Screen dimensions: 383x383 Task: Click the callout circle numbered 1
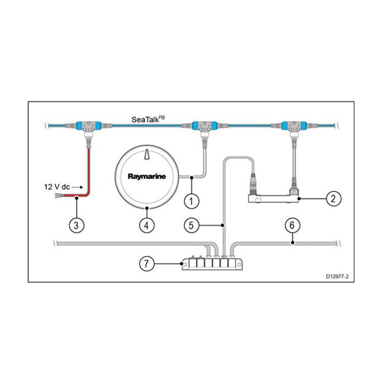coord(191,201)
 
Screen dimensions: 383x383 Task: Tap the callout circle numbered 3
coord(77,224)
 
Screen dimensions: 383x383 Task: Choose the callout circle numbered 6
coord(292,225)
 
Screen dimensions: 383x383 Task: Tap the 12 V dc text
coord(56,187)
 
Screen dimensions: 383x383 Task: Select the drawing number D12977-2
coord(336,277)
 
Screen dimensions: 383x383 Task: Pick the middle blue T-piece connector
coord(203,127)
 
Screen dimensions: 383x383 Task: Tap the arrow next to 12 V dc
coord(77,187)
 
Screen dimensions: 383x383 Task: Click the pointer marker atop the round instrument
coord(146,155)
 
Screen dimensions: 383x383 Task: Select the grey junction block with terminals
coord(212,264)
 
